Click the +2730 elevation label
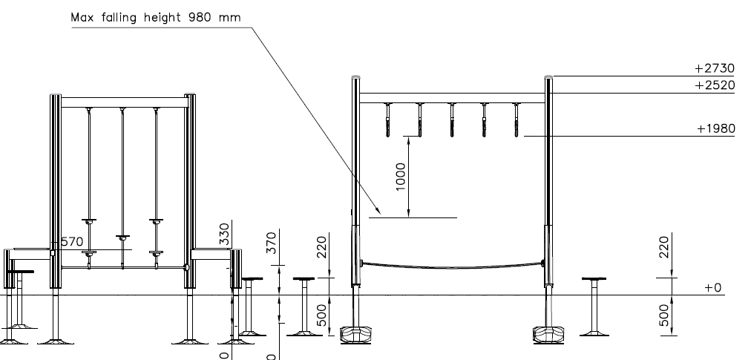click(x=715, y=68)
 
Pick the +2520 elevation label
click(x=715, y=85)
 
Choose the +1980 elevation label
click(x=715, y=128)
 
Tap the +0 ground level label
click(x=712, y=287)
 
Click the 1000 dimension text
click(x=401, y=177)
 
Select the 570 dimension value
click(x=72, y=241)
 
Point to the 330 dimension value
click(x=224, y=234)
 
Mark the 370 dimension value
click(x=272, y=243)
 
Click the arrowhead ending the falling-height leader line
click(x=378, y=211)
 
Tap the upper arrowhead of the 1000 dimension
click(x=409, y=140)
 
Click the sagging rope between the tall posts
click(x=451, y=266)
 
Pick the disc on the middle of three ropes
click(x=122, y=238)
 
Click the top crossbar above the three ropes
click(x=124, y=102)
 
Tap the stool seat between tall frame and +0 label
click(x=594, y=278)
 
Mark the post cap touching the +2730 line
click(x=548, y=76)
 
